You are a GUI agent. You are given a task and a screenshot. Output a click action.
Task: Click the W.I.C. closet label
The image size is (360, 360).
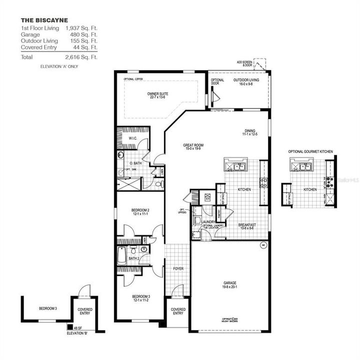coord(133,138)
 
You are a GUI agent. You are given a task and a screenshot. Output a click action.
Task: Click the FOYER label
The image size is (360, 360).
coord(178,268)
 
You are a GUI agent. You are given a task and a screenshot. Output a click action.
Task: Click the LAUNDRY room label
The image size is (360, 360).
coord(208,222)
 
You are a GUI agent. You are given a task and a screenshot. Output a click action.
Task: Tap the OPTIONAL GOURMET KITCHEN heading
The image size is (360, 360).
coord(310,151)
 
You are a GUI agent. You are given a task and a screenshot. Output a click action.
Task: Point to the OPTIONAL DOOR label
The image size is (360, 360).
coord(217,82)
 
